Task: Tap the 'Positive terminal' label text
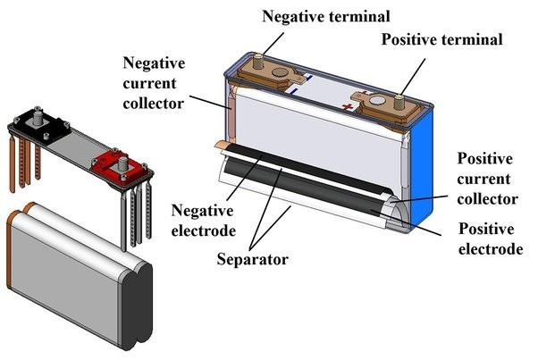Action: [442, 39]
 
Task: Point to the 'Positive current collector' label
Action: [488, 179]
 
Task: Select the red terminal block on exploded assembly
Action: [115, 163]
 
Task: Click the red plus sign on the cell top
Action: [346, 106]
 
